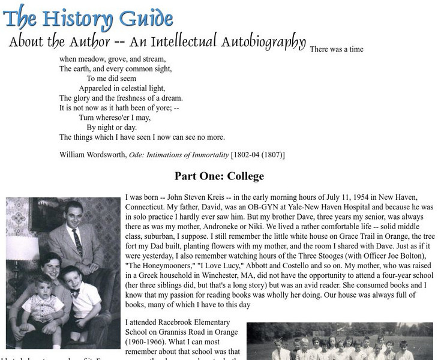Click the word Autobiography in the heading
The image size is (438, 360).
[x=263, y=43]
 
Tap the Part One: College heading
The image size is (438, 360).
[x=219, y=176]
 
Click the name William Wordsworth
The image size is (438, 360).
[x=92, y=155]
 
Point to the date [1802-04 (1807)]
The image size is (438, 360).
[x=258, y=155]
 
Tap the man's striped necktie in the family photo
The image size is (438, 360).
[x=77, y=241]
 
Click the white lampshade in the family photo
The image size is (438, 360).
[x=22, y=247]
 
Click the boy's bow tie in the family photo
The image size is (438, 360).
[x=75, y=293]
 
